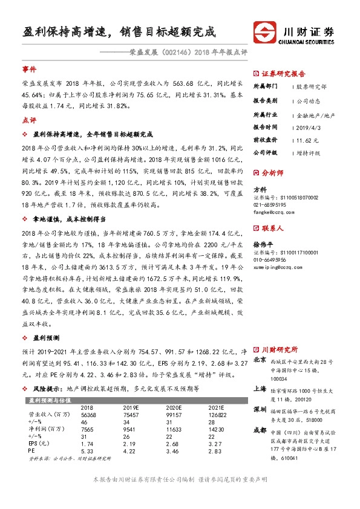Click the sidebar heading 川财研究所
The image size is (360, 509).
point(279,349)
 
